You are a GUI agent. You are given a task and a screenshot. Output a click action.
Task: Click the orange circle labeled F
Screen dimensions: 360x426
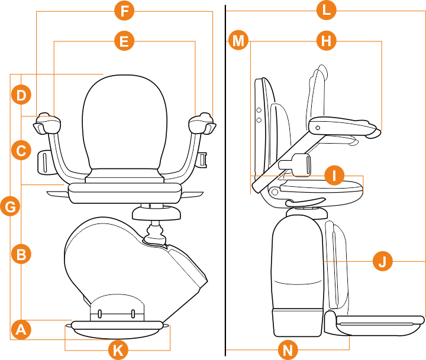[124, 11]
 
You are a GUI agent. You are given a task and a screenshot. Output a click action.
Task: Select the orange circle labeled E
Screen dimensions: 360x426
[124, 41]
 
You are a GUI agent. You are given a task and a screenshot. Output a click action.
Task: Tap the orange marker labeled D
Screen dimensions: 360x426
[21, 95]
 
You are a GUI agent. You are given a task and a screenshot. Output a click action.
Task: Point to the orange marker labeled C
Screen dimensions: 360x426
[21, 150]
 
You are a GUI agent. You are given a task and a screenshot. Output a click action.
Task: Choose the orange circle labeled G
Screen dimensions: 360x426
[11, 206]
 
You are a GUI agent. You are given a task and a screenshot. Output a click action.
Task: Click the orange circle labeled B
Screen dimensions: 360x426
[21, 255]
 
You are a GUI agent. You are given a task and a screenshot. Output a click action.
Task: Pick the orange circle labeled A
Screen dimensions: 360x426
[21, 329]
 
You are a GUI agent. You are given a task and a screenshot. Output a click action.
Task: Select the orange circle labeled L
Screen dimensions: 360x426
[326, 10]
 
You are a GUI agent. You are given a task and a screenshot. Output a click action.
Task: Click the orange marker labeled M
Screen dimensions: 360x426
[238, 41]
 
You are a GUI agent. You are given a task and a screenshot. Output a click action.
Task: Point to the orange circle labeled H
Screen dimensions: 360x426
[326, 41]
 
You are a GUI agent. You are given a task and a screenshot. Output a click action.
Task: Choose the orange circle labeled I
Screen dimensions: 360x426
[334, 175]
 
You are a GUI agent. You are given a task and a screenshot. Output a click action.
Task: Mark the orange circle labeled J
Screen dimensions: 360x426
[383, 261]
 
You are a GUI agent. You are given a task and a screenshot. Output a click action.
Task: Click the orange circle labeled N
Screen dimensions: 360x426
[288, 350]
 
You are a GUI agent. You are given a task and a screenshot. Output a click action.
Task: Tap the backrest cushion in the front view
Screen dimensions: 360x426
[124, 124]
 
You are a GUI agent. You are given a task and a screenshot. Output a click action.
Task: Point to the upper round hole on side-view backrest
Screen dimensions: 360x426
[259, 110]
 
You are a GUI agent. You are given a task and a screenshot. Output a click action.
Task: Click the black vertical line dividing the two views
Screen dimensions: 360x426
[225, 177]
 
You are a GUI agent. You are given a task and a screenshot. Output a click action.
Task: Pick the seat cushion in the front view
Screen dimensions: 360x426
[124, 192]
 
